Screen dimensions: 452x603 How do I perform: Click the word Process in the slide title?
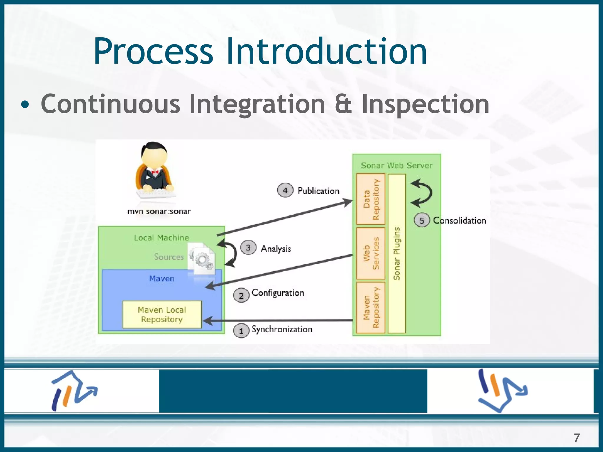click(x=153, y=51)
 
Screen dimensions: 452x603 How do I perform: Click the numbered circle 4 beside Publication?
click(x=285, y=190)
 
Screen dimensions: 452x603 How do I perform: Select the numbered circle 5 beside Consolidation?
click(x=422, y=220)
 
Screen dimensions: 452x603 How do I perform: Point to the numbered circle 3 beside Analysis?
click(x=248, y=248)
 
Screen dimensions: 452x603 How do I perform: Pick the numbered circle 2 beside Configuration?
click(x=241, y=295)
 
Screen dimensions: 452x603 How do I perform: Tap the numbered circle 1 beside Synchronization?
click(x=241, y=331)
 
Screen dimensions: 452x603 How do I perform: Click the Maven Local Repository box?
click(x=162, y=315)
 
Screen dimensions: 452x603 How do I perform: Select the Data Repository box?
click(x=371, y=199)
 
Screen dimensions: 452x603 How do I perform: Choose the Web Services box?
click(x=371, y=253)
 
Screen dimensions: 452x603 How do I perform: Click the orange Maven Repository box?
click(x=371, y=308)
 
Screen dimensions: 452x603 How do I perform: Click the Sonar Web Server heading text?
click(x=397, y=165)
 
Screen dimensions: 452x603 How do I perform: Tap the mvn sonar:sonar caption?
click(x=159, y=211)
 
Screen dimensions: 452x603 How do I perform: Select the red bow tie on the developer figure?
click(x=155, y=172)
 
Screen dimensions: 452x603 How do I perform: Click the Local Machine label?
click(x=161, y=237)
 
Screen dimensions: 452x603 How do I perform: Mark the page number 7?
click(x=577, y=438)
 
